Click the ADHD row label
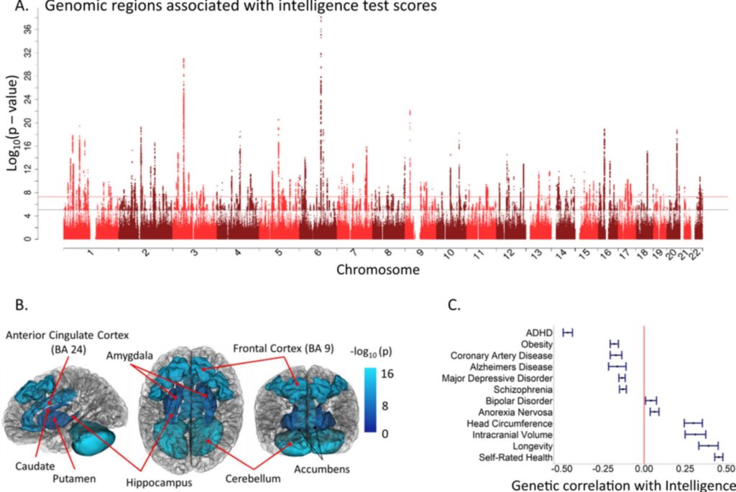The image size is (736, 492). [x=538, y=333]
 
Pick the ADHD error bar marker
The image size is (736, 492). [x=568, y=333]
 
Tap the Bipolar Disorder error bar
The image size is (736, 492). [x=650, y=400]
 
